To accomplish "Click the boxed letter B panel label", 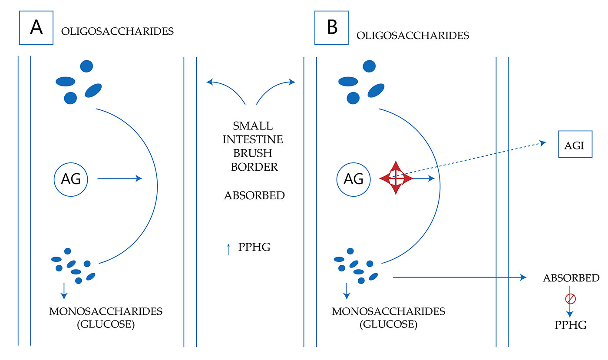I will [332, 28].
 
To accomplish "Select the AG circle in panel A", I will [71, 178].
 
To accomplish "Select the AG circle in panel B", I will [354, 178].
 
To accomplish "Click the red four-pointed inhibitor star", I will [396, 178].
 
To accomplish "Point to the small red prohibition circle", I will [570, 299].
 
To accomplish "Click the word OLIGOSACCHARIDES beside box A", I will [118, 32].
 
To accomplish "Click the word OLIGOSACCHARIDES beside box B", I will [413, 36].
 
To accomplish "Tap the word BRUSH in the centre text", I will [252, 153].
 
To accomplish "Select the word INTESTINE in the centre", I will [253, 139].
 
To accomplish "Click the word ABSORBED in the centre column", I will [254, 196].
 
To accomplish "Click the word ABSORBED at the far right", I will [571, 278].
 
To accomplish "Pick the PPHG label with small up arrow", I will [254, 248].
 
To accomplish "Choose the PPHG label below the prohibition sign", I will [571, 325].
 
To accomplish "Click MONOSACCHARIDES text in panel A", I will [106, 311].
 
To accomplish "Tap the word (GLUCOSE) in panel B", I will [389, 324].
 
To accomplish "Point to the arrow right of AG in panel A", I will [119, 178].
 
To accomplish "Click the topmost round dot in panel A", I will [86, 66].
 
